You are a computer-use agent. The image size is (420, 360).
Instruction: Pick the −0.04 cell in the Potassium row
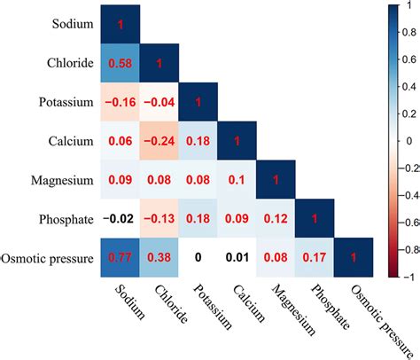coord(161,104)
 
